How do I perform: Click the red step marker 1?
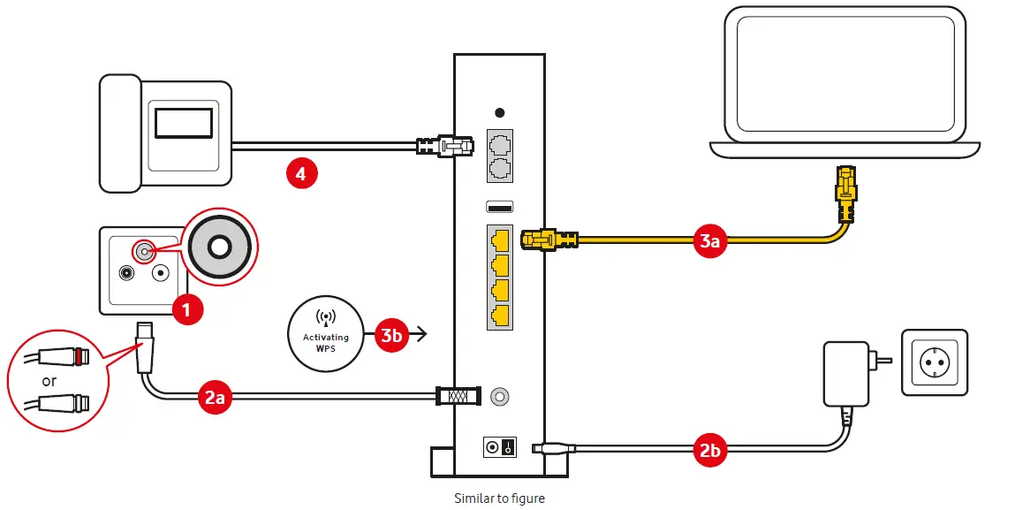186,308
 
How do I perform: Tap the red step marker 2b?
710,451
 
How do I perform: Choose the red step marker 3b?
391,334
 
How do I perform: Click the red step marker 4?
301,174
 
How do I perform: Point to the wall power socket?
934,363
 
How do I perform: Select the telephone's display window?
184,121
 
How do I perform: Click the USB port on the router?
499,208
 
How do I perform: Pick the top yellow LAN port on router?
499,239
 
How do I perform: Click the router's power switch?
499,448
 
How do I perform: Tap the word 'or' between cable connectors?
49,382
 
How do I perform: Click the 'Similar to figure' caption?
499,499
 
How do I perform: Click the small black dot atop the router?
499,113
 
